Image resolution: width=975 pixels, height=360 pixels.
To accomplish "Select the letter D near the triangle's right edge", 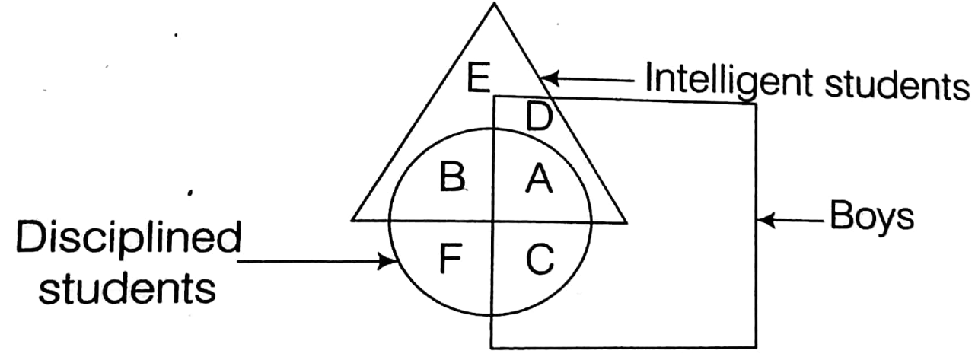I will coord(539,119).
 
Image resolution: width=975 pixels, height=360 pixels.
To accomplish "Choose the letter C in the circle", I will coord(540,260).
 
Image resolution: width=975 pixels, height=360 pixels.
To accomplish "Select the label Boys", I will coord(871,219).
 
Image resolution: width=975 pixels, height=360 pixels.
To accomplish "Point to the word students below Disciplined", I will coord(125,288).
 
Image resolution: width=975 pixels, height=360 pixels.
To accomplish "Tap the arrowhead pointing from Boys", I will coord(764,221).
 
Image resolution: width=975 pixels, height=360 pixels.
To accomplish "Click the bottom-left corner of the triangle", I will coord(352,221).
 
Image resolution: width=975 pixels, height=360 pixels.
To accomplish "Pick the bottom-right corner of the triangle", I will coord(626,222).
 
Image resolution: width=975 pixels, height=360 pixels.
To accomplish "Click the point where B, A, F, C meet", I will coord(493,221).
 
